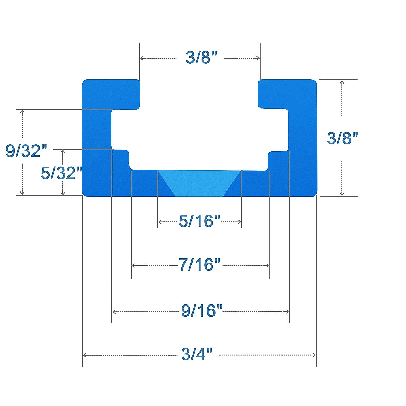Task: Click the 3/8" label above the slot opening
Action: click(201, 58)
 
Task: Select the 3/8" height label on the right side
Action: click(342, 138)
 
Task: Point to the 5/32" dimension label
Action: click(61, 173)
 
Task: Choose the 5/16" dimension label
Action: click(199, 222)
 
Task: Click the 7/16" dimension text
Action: click(199, 265)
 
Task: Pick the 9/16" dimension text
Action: click(202, 311)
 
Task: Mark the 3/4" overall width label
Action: click(197, 355)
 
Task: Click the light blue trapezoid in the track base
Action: click(199, 183)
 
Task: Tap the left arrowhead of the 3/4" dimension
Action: click(85, 355)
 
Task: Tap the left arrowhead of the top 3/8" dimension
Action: click(142, 58)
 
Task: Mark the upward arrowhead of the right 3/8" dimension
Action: click(342, 83)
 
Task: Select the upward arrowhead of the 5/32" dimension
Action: click(62, 152)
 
